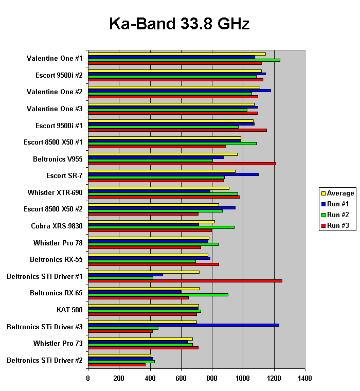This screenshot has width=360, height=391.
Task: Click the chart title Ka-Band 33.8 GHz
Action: coord(179,24)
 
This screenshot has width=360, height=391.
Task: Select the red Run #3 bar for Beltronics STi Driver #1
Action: coord(185,281)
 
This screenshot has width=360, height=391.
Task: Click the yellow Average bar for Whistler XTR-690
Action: coord(159,188)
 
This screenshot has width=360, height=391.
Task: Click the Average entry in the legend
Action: coord(340,193)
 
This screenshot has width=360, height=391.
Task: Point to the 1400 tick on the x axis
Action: coord(305,378)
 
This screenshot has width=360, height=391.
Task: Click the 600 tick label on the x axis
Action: coord(181,378)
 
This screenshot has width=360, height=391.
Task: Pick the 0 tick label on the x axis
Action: coord(88,378)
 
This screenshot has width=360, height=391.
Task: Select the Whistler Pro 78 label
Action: coord(58,243)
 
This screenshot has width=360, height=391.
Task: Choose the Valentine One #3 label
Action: coord(55,109)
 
